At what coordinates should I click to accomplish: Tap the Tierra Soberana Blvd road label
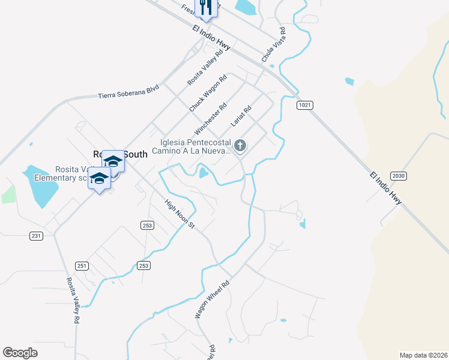pyautogui.click(x=128, y=92)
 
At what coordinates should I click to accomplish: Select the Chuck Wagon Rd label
pyautogui.click(x=208, y=93)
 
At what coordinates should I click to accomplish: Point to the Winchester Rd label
pyautogui.click(x=210, y=119)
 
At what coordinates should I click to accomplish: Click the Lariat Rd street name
pyautogui.click(x=240, y=116)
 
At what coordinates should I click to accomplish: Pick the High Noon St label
pyautogui.click(x=180, y=214)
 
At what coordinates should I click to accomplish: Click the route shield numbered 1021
pyautogui.click(x=305, y=105)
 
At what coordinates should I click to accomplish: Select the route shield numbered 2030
pyautogui.click(x=398, y=175)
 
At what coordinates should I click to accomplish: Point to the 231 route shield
pyautogui.click(x=37, y=236)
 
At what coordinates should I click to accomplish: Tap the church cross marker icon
pyautogui.click(x=240, y=145)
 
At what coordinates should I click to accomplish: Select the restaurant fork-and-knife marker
pyautogui.click(x=206, y=7)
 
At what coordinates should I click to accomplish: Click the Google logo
pyautogui.click(x=20, y=352)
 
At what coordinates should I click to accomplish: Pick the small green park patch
pyautogui.click(x=8, y=194)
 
